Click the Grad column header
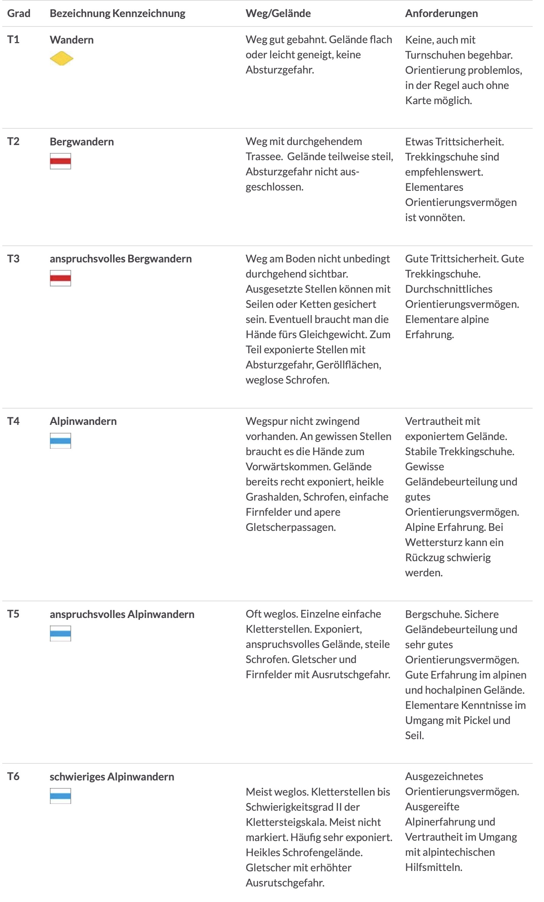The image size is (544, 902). (x=19, y=13)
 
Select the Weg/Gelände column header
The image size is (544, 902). (x=278, y=13)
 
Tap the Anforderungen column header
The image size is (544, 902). (x=441, y=13)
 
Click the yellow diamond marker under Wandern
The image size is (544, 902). (x=61, y=58)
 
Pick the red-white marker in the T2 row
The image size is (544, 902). (x=61, y=161)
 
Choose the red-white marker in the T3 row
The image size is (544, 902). (x=61, y=278)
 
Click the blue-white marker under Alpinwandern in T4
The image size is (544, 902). (x=61, y=441)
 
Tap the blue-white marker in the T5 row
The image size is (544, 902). (x=61, y=634)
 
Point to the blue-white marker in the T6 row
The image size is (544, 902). (x=61, y=796)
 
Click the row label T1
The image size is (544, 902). (x=13, y=39)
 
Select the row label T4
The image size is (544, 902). (x=13, y=421)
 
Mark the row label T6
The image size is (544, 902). (x=13, y=777)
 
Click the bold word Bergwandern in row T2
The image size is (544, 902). (x=82, y=142)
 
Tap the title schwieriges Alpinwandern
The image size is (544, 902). (x=112, y=777)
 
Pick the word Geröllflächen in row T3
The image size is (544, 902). (x=348, y=365)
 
